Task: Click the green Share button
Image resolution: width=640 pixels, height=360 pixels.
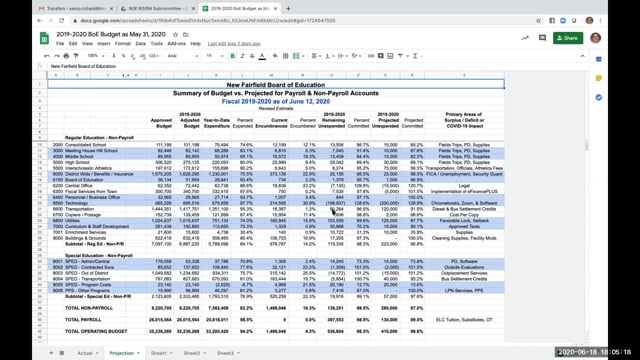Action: [x=565, y=38]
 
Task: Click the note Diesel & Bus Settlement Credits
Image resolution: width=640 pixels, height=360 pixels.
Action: [x=497, y=207]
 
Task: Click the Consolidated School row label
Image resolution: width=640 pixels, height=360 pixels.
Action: [x=83, y=145]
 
